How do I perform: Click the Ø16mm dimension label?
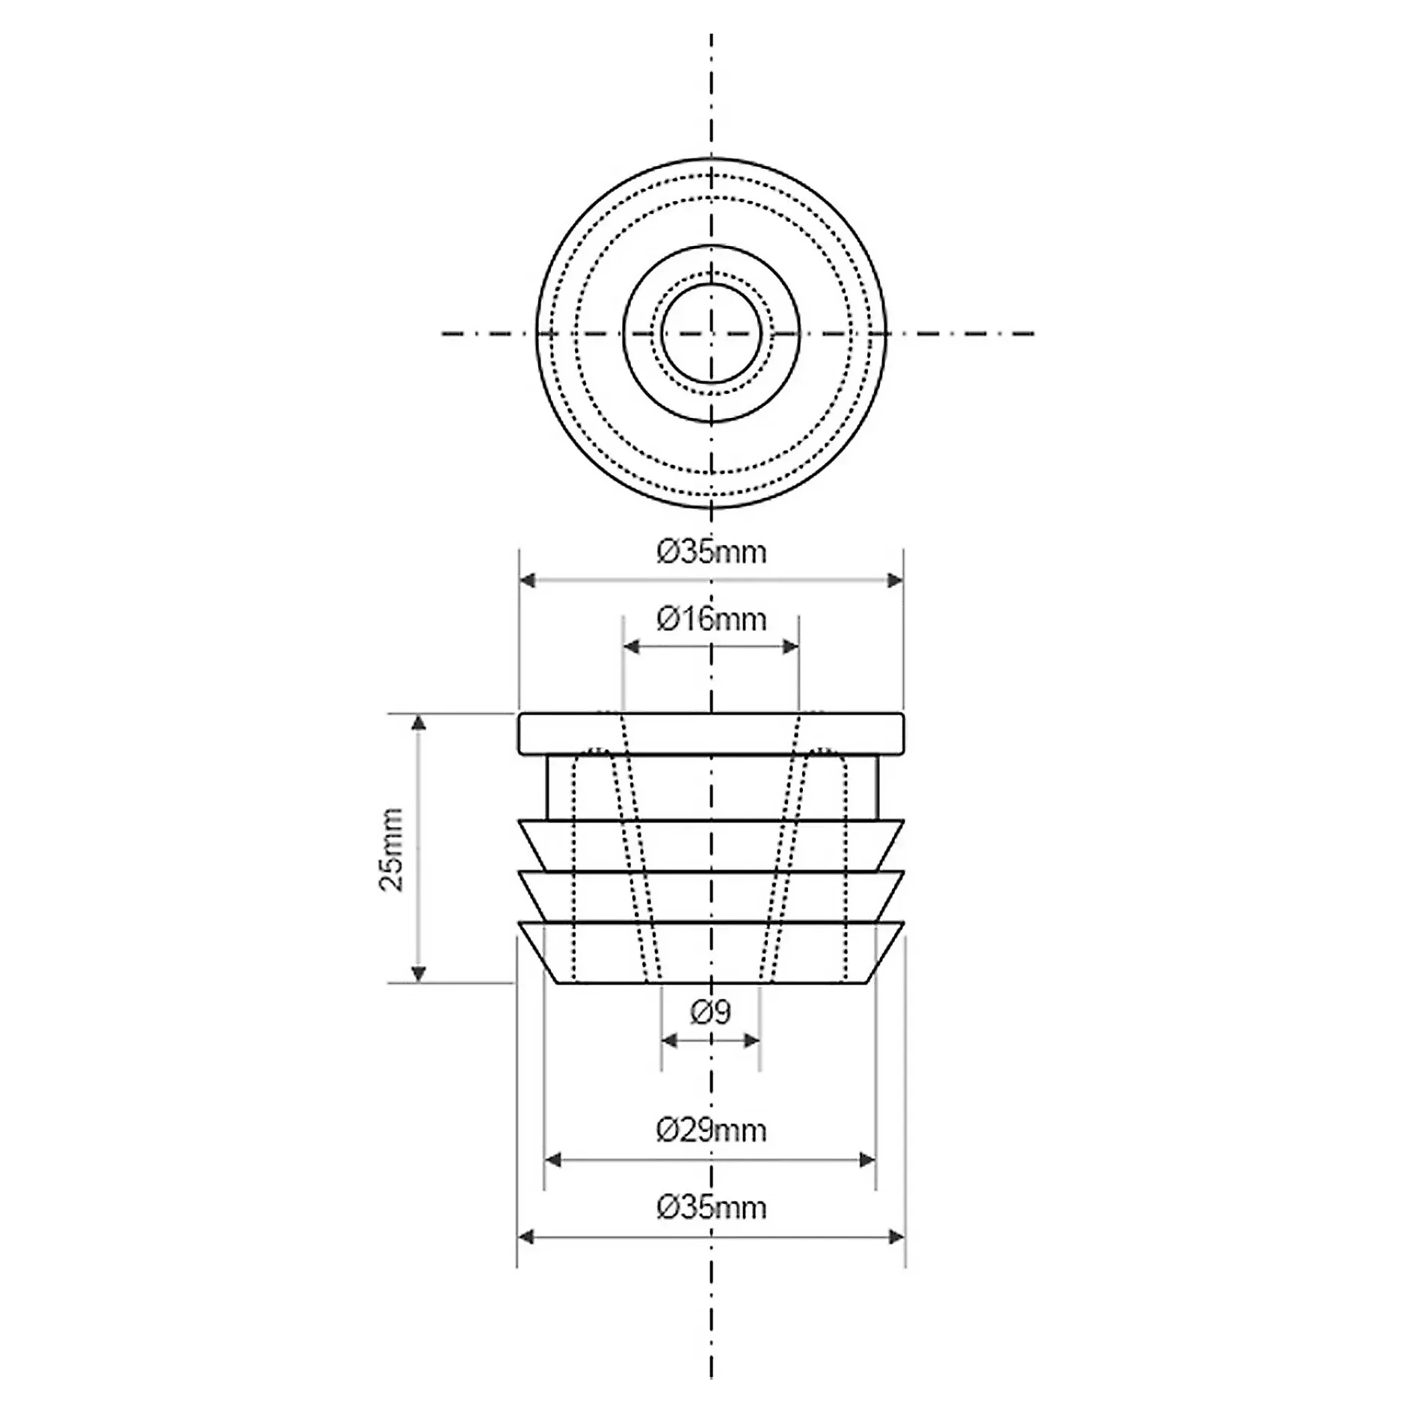tap(712, 619)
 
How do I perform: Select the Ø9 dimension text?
tap(711, 1012)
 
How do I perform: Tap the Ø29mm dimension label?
tap(712, 1130)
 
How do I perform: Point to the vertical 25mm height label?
tap(391, 849)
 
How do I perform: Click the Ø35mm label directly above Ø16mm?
tap(712, 552)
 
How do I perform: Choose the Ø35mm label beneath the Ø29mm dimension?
tap(712, 1208)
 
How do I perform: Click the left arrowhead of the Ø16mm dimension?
tap(632, 647)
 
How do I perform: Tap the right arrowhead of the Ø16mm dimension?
tap(790, 647)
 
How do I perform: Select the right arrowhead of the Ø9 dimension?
tap(751, 1041)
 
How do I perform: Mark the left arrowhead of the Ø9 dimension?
tap(671, 1041)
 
